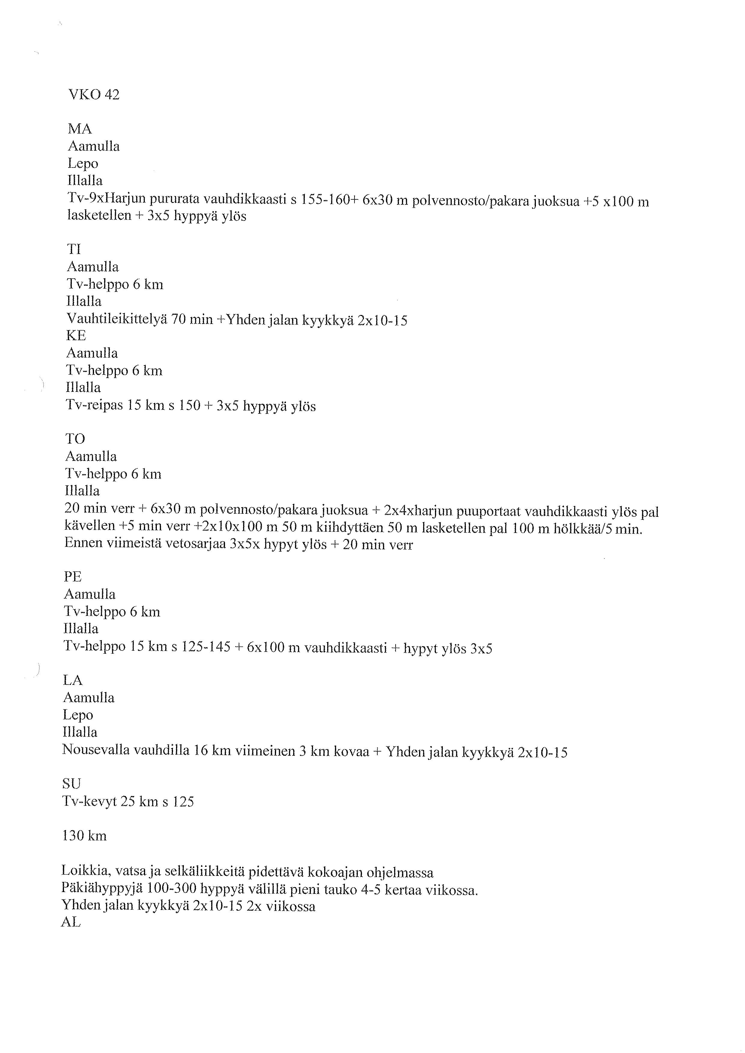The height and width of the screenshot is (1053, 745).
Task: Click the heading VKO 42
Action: pyautogui.click(x=94, y=95)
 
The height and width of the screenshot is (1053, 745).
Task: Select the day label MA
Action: pyautogui.click(x=80, y=129)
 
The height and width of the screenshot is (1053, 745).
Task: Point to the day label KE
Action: pyautogui.click(x=76, y=336)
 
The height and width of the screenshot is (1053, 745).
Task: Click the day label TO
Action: pyautogui.click(x=75, y=439)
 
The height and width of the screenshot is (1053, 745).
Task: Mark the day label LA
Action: pyautogui.click(x=72, y=680)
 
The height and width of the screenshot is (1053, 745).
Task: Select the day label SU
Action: pyautogui.click(x=71, y=784)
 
